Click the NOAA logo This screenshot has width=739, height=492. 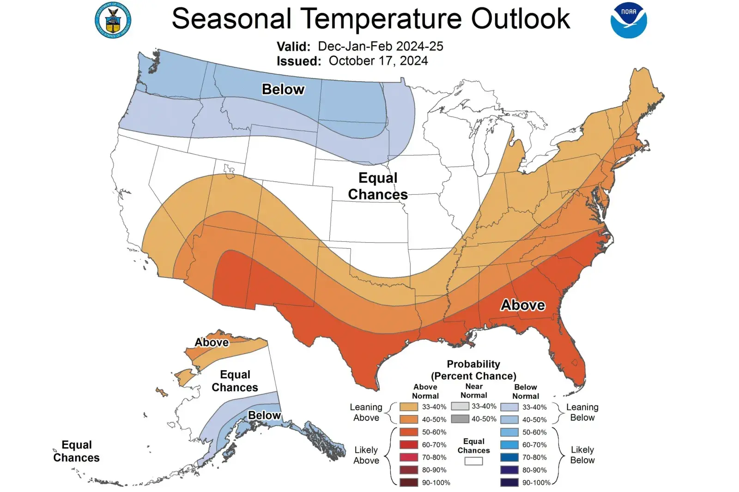629,20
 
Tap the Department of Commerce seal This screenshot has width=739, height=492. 113,20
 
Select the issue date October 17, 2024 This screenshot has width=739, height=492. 378,61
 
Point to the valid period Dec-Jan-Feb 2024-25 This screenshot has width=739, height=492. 380,46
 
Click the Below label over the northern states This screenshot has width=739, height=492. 283,89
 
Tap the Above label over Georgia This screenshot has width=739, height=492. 523,305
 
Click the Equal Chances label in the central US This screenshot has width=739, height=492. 378,186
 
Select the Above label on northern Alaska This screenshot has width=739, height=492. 212,342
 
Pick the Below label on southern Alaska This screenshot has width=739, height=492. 264,415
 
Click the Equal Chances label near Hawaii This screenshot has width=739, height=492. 76,451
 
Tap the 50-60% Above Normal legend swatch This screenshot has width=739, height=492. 409,432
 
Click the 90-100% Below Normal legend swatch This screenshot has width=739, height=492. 509,482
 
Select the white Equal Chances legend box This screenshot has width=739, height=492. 473,461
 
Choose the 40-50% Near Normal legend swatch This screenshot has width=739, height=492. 460,419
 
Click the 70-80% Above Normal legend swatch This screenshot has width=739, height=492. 409,457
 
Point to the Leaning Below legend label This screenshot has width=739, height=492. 582,412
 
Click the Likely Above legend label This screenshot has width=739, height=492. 366,455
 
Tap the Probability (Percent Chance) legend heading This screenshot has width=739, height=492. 473,370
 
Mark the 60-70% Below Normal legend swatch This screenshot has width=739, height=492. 509,445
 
